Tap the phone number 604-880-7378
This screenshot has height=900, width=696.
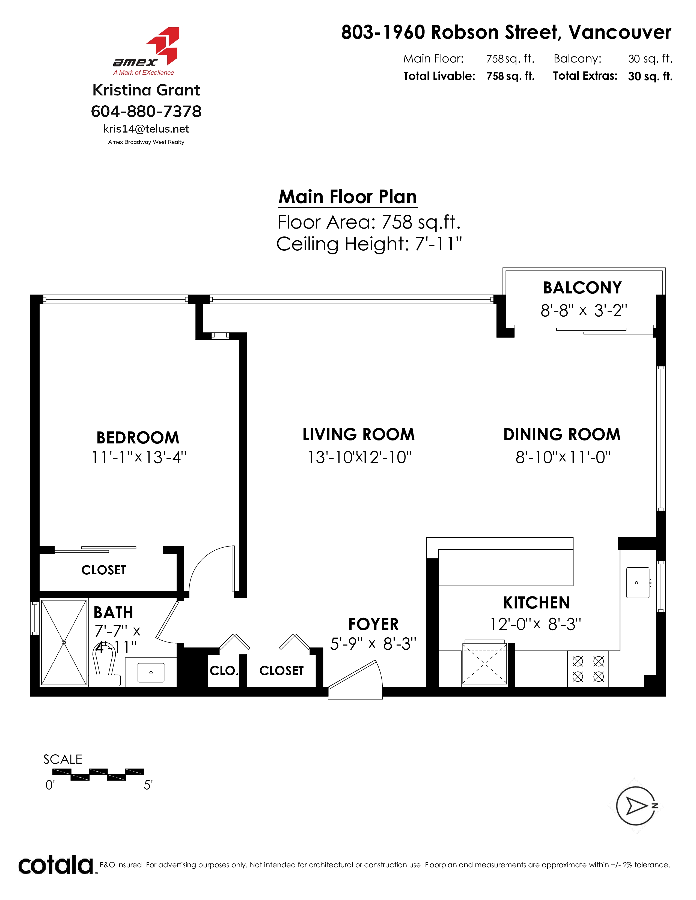(x=146, y=111)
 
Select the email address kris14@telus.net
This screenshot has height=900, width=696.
(x=146, y=129)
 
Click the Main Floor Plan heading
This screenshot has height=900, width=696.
(x=347, y=197)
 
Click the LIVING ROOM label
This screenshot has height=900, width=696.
(x=358, y=434)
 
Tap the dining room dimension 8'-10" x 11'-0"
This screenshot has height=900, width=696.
(x=563, y=457)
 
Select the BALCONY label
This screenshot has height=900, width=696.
(x=582, y=288)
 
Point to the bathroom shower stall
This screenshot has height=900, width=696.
(x=64, y=643)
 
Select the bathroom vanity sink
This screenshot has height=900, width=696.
(x=151, y=673)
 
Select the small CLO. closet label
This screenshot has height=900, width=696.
(x=224, y=671)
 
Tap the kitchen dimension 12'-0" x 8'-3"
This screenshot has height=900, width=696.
(x=536, y=624)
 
